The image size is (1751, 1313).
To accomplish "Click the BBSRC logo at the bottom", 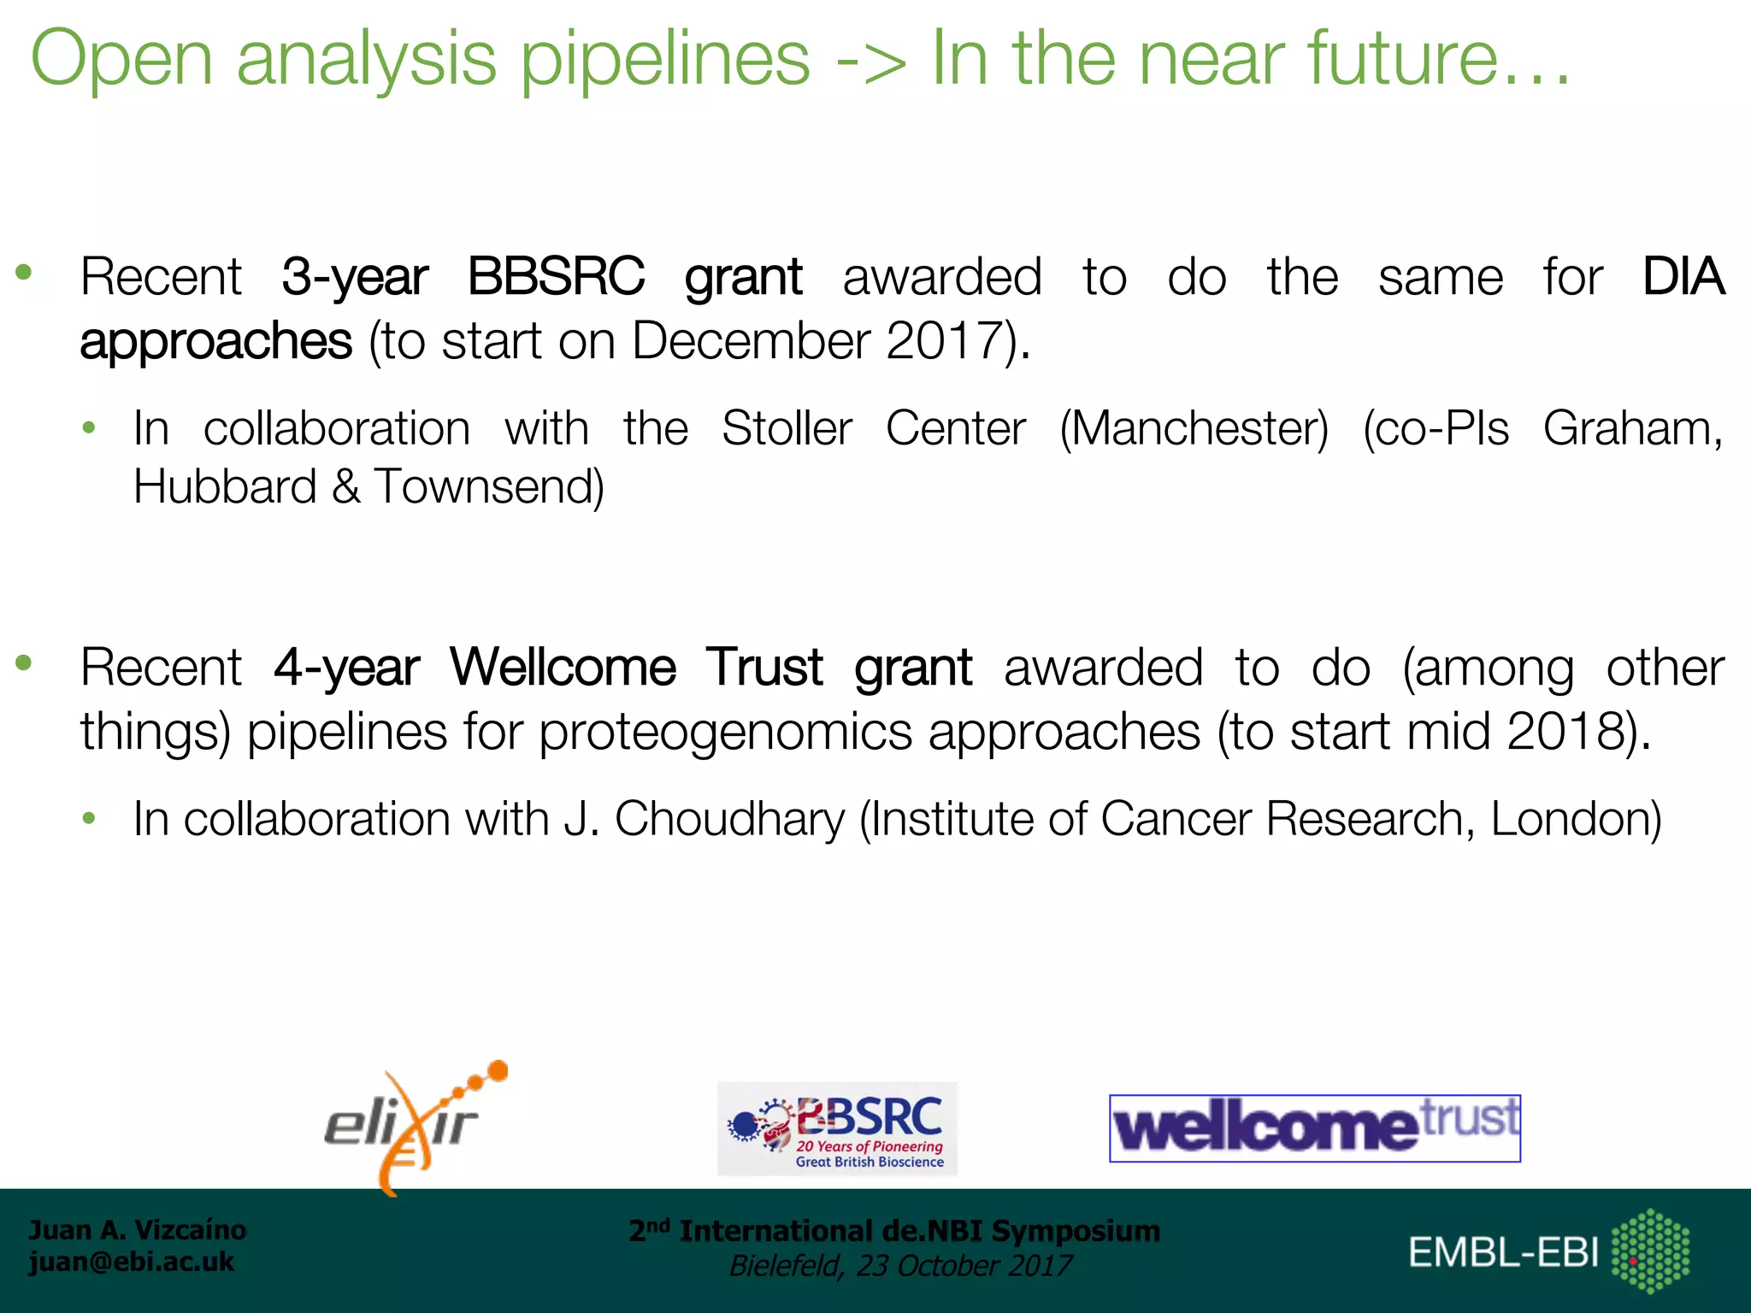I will tap(837, 1128).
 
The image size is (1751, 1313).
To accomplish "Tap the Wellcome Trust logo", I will tap(1314, 1128).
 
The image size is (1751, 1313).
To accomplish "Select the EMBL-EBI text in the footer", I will tap(1503, 1252).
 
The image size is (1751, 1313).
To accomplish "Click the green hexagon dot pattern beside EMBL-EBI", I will tap(1650, 1251).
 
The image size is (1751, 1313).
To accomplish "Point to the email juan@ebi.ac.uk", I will tap(131, 1262).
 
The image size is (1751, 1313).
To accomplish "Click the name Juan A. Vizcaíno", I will tap(137, 1229).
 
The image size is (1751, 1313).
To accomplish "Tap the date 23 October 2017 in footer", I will tap(964, 1266).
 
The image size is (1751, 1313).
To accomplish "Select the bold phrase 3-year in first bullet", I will tap(355, 278).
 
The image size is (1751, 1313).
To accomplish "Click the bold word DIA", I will tap(1683, 277).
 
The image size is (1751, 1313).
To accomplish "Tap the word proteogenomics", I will tap(725, 733).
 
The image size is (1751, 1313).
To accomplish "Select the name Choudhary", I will tap(729, 819).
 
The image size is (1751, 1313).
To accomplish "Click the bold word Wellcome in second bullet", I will tap(563, 667).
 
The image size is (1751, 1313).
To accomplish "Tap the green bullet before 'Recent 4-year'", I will tap(24, 662).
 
